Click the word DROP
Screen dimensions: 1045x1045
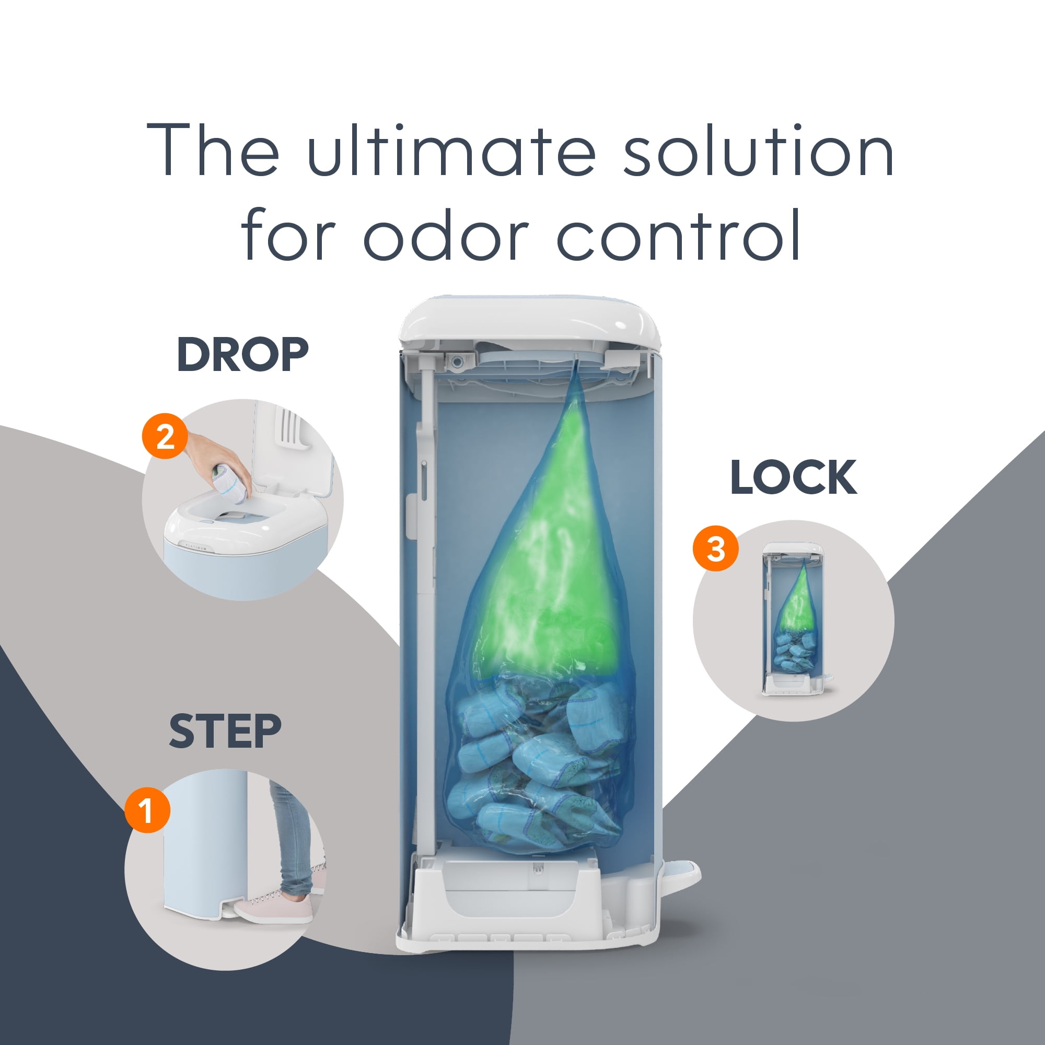[x=242, y=354]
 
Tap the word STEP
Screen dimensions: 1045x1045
[x=226, y=731]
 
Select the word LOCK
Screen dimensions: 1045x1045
[x=794, y=477]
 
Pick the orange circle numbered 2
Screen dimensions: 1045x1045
[x=165, y=436]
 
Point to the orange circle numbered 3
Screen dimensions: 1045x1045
[x=716, y=549]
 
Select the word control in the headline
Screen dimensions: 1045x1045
[x=679, y=234]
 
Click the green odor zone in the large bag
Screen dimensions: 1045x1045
[x=547, y=568]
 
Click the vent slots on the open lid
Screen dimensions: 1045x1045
[x=290, y=425]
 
